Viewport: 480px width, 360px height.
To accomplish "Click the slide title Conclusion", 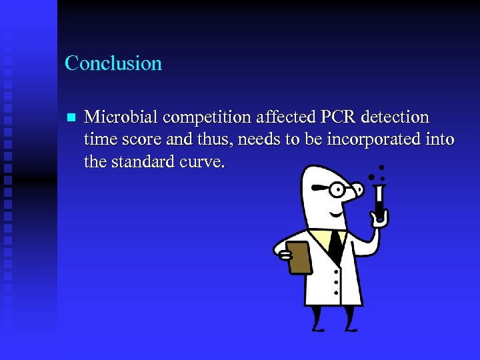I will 113,63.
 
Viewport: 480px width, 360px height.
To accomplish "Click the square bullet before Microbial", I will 71,118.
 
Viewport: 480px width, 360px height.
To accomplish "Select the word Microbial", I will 121,117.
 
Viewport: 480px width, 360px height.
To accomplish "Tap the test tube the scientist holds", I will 379,200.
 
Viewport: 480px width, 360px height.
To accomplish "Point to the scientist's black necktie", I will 335,247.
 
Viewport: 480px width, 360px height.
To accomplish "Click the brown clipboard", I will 298,257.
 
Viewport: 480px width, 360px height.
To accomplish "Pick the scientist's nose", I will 356,191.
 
